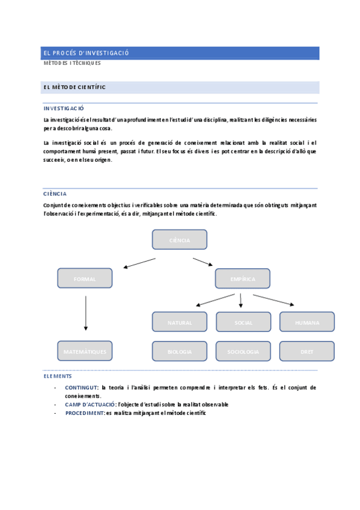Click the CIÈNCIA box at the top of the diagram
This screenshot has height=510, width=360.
(x=179, y=239)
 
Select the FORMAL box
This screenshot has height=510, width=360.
(x=85, y=278)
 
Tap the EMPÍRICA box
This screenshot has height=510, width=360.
(x=242, y=278)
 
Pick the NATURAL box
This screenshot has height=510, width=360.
(x=180, y=322)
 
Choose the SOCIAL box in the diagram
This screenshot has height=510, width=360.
(x=243, y=322)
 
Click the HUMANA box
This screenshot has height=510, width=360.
(x=307, y=322)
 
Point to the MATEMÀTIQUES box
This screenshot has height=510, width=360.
(x=85, y=351)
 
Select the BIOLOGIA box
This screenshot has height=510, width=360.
(x=180, y=351)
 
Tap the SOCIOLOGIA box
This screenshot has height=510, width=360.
(x=243, y=351)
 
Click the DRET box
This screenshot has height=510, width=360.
(x=307, y=351)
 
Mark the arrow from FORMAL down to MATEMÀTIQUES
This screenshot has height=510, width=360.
(x=86, y=312)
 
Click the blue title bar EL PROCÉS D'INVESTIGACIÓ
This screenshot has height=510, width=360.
(x=181, y=53)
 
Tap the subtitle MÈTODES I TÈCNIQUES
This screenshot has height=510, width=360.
(x=72, y=63)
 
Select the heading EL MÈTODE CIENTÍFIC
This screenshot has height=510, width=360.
(x=75, y=87)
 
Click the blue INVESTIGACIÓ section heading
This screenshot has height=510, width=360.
(x=64, y=108)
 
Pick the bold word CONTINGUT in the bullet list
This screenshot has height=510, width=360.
(x=82, y=388)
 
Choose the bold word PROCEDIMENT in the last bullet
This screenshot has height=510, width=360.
(x=85, y=413)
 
